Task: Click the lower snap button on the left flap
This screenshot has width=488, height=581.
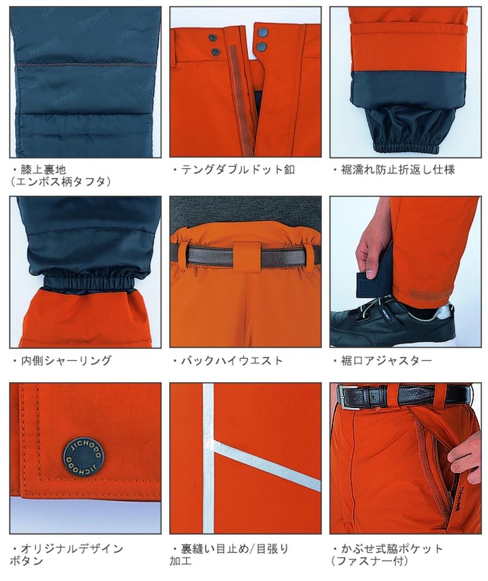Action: [216, 52]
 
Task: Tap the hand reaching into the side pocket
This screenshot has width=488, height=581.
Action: [466, 455]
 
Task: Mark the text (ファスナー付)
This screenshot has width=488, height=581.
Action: [369, 561]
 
